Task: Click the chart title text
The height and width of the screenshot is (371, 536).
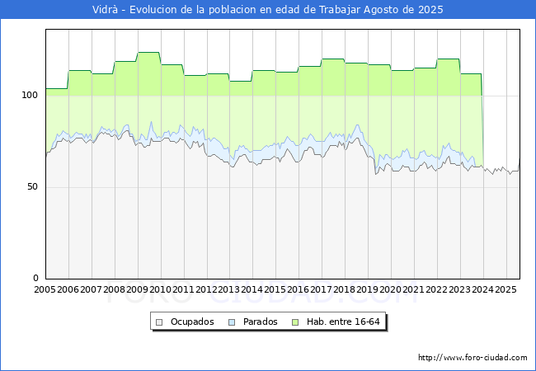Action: [268, 10]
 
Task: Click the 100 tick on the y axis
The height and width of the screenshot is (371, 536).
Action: [31, 96]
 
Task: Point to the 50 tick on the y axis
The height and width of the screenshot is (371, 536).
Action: [33, 187]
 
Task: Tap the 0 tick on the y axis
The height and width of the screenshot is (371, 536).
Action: [35, 279]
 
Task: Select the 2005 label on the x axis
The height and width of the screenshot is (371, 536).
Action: [45, 289]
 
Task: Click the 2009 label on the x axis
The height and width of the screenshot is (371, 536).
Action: [138, 289]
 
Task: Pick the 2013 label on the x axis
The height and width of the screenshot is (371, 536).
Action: [229, 289]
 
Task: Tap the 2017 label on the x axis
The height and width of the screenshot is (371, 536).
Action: [322, 289]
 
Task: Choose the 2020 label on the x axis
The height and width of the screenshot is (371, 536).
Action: [391, 289]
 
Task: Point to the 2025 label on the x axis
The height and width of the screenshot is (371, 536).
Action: [505, 289]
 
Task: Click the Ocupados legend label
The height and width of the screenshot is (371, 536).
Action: [192, 322]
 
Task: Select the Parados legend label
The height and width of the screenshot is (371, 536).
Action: [261, 322]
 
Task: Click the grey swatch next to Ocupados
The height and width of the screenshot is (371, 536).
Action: [161, 322]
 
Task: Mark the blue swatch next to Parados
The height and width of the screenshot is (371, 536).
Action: [233, 322]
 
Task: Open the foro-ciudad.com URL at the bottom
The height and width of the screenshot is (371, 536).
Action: [473, 358]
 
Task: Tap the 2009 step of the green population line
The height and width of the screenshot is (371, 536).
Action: [148, 53]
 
